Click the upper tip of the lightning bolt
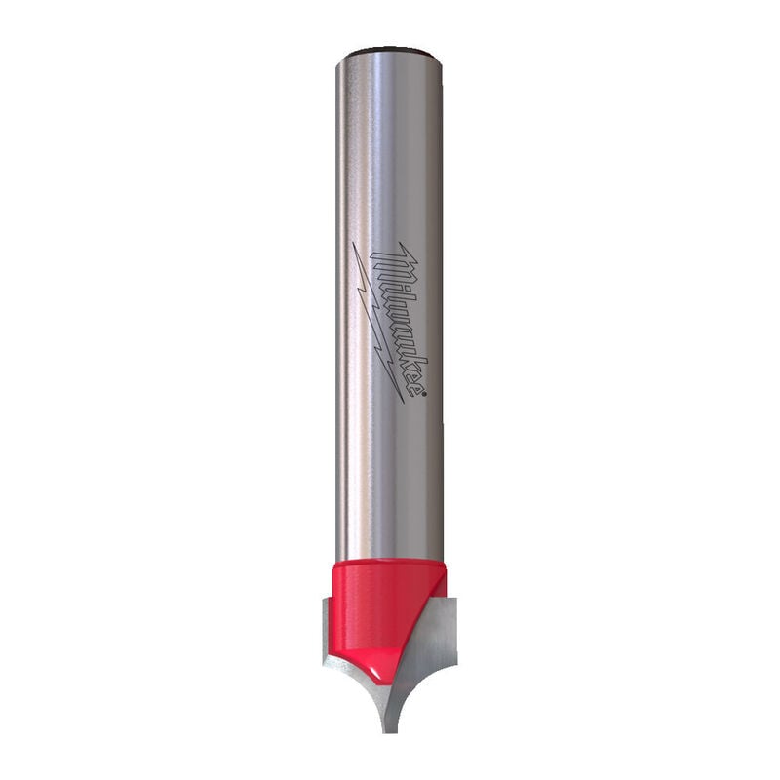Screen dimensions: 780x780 [353, 243]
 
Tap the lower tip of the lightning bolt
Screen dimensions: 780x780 [404, 402]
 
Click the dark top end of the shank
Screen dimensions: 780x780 [388, 52]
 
